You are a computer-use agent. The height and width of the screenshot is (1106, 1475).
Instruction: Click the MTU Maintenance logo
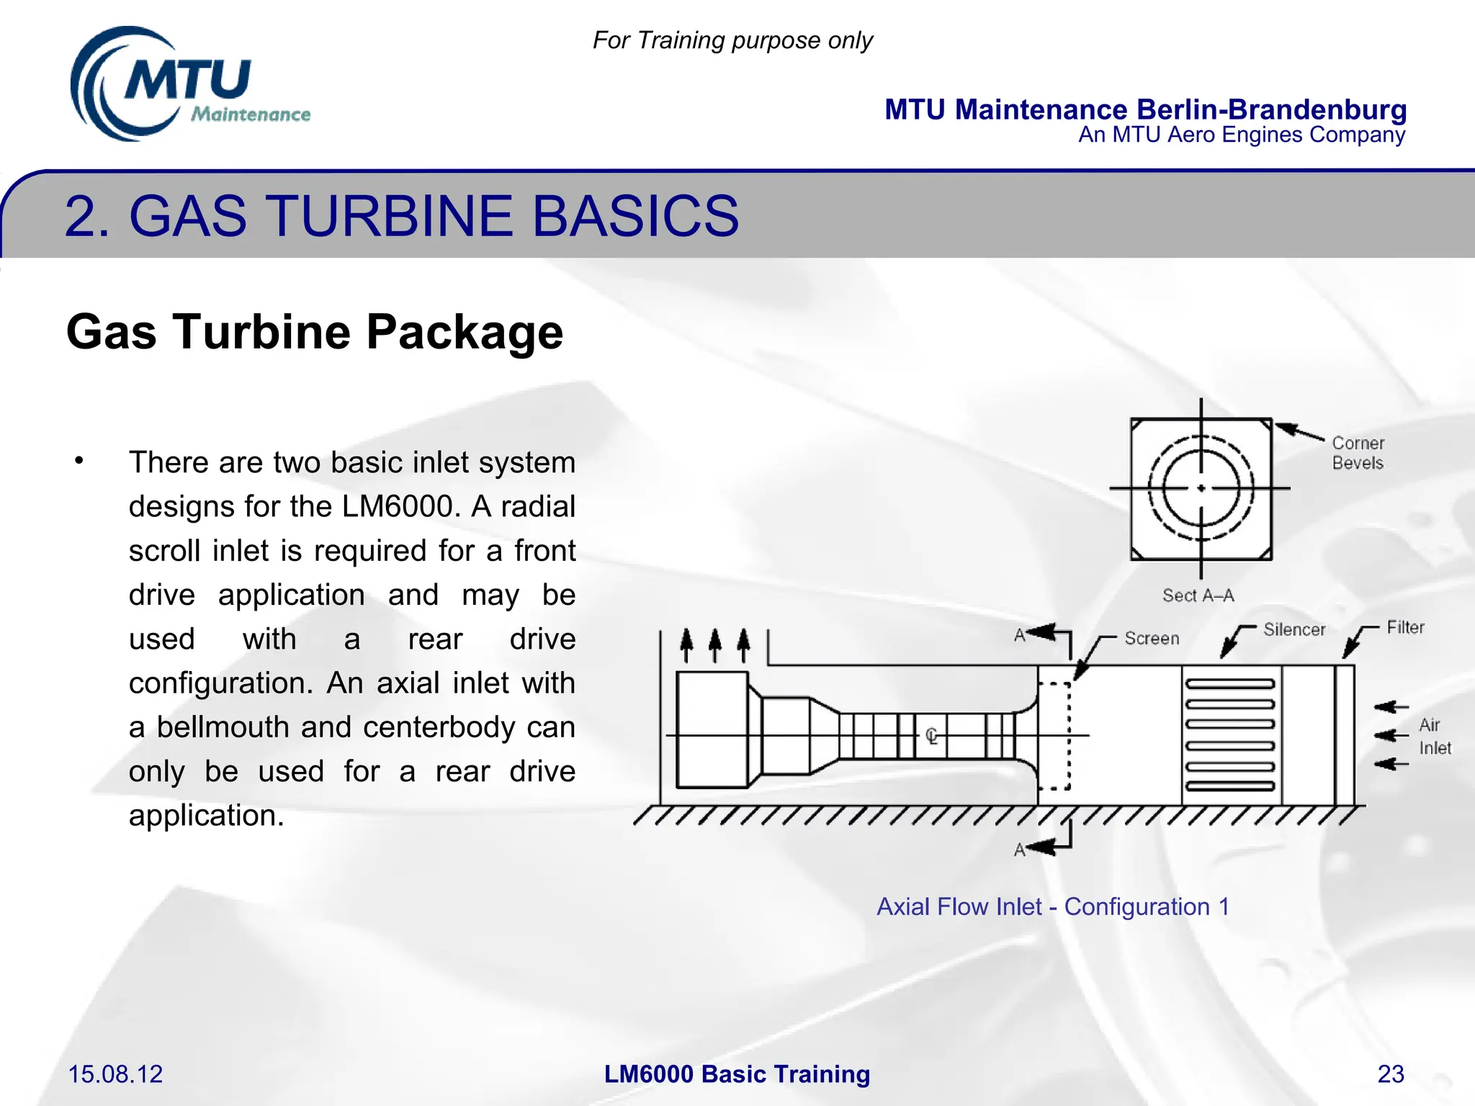189,85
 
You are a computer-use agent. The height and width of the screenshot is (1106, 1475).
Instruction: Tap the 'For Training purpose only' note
732,40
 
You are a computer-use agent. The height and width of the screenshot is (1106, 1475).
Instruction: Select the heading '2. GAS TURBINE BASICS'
401,215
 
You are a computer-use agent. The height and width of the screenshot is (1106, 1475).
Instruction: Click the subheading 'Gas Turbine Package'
314,332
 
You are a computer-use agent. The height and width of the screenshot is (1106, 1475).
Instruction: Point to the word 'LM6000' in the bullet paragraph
400,506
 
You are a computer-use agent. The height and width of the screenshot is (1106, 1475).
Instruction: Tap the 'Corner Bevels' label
1358,453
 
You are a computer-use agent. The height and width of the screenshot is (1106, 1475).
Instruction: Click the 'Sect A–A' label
1198,595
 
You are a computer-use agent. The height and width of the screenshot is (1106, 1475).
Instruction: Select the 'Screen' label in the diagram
1152,639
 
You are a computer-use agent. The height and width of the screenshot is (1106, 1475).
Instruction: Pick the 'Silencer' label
1294,630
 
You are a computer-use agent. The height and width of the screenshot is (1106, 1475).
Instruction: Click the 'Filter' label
1405,628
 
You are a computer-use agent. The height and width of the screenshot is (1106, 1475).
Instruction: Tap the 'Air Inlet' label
1434,737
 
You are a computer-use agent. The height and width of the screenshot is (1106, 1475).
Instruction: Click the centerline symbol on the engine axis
931,736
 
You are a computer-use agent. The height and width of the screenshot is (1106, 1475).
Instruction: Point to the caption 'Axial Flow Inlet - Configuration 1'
1053,907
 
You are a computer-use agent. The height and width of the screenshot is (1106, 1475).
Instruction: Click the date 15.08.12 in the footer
115,1074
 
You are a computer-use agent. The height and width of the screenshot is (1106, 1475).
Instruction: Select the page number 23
1391,1074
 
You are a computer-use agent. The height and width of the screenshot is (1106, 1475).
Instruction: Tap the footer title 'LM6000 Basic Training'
737,1074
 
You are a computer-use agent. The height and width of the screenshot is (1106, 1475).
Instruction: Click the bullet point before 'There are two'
79,461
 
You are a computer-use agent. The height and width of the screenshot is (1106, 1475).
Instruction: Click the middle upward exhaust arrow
714,644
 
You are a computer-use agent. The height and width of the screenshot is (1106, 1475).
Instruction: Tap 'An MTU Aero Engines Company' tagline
1241,135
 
